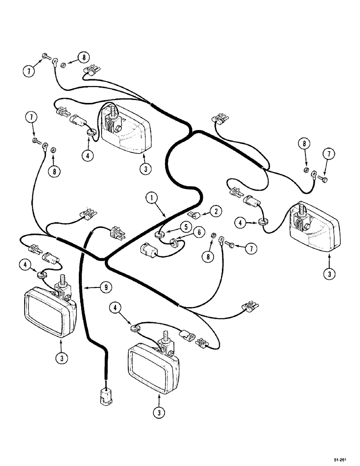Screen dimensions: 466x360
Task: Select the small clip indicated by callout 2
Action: [192, 214]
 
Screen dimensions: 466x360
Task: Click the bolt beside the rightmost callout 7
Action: [320, 177]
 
